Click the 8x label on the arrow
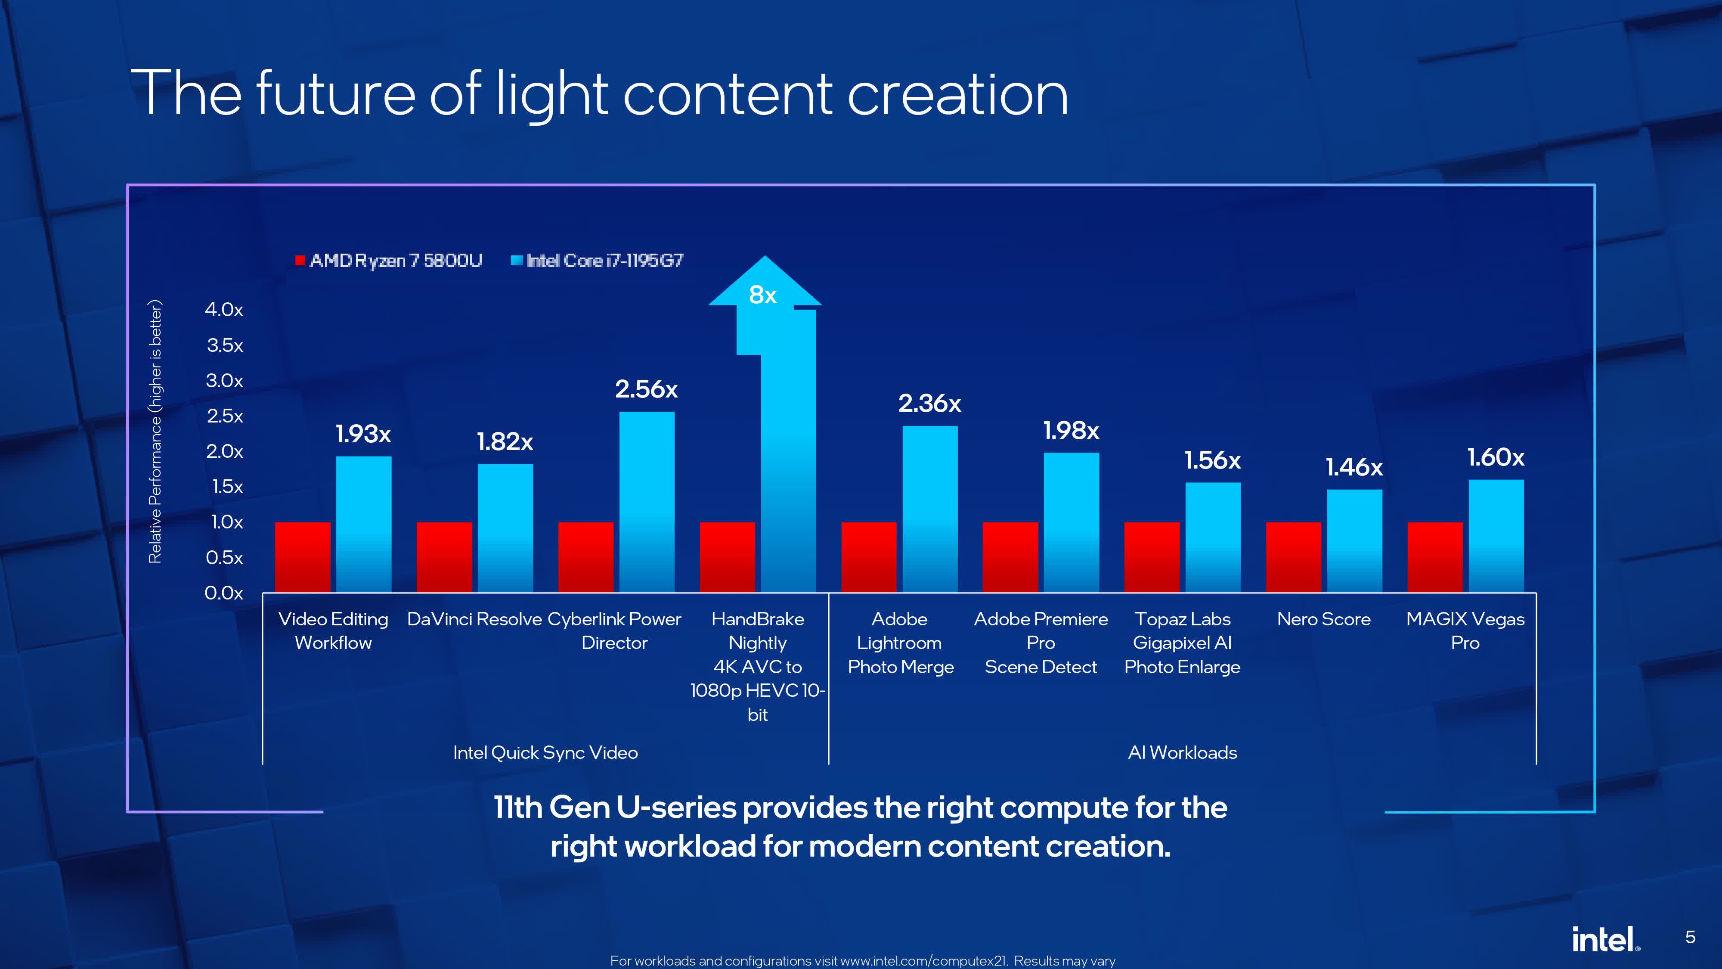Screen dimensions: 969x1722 pyautogui.click(x=763, y=295)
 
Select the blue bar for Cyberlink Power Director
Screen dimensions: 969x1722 pyautogui.click(x=647, y=502)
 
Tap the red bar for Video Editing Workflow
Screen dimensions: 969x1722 pyautogui.click(x=302, y=557)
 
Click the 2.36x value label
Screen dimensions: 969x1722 pyautogui.click(x=929, y=403)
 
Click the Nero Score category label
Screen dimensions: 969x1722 pyautogui.click(x=1324, y=619)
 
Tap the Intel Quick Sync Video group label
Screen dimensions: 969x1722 pyautogui.click(x=545, y=753)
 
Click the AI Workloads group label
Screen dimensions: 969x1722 pyautogui.click(x=1182, y=753)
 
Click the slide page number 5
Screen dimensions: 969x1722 pyautogui.click(x=1690, y=937)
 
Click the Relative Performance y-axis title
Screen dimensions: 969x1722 pyautogui.click(x=155, y=432)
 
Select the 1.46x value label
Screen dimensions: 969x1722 pyautogui.click(x=1353, y=467)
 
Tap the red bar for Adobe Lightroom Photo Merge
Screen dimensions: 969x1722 pyautogui.click(x=868, y=557)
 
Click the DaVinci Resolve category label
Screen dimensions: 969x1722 pyautogui.click(x=474, y=619)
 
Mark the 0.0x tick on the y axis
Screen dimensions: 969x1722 pyautogui.click(x=224, y=593)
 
